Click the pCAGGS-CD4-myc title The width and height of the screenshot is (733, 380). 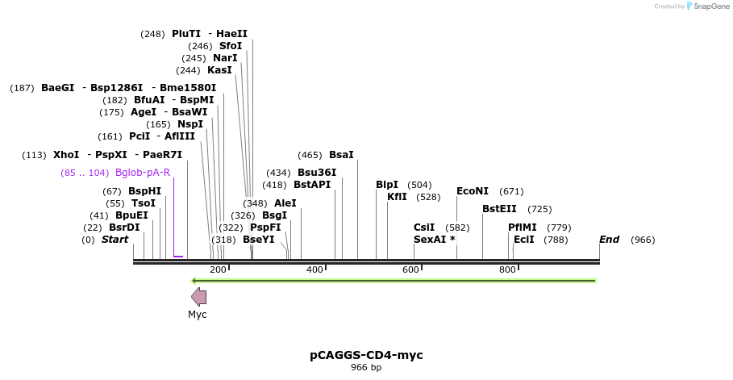366,355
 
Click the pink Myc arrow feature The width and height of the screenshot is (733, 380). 198,297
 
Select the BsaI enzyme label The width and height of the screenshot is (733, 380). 341,155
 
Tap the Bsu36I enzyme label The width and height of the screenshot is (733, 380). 317,173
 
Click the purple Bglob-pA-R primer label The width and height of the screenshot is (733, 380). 143,173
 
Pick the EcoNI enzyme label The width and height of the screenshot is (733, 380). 473,191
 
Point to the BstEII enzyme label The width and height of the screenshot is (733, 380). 499,209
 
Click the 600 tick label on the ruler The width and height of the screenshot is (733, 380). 410,269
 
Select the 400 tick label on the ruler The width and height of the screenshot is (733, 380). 314,269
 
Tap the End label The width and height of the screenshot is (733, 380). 609,240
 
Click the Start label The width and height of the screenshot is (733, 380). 115,240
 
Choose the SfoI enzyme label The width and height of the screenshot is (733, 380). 231,46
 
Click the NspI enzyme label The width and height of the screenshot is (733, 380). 190,124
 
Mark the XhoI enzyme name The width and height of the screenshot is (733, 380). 66,155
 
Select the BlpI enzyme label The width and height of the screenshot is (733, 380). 387,185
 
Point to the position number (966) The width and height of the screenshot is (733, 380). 643,240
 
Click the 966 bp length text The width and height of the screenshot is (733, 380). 366,368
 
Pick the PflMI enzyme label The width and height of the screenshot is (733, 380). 523,228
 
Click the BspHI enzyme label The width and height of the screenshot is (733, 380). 144,191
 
